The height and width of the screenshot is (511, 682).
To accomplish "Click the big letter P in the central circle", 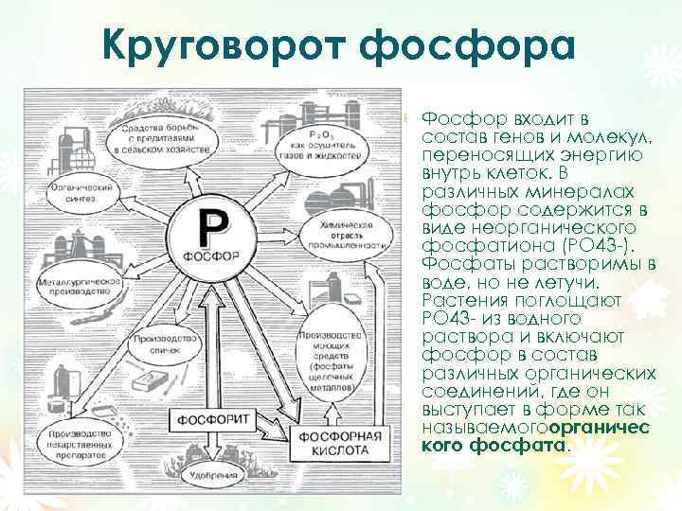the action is coord(211,227).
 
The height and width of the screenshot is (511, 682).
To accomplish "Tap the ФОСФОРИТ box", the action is coord(211,416).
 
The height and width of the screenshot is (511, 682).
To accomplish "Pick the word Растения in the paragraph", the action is coord(465,300).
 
